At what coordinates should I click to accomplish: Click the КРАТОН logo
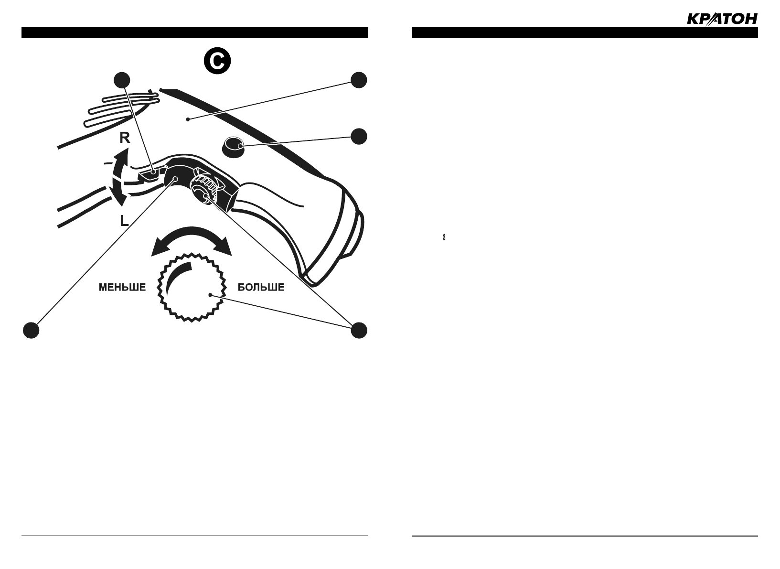click(722, 19)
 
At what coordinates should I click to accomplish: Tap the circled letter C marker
click(217, 61)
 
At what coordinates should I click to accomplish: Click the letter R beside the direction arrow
click(125, 138)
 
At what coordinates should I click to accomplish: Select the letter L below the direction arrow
click(124, 221)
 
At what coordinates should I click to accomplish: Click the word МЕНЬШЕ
click(122, 288)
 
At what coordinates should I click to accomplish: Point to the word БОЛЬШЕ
click(261, 288)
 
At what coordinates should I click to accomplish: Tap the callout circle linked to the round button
click(359, 136)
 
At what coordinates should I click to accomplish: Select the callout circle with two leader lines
click(359, 330)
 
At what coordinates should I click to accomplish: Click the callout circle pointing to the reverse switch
click(122, 80)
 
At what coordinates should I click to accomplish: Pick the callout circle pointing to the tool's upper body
click(359, 80)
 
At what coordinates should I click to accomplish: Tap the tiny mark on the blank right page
click(444, 237)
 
